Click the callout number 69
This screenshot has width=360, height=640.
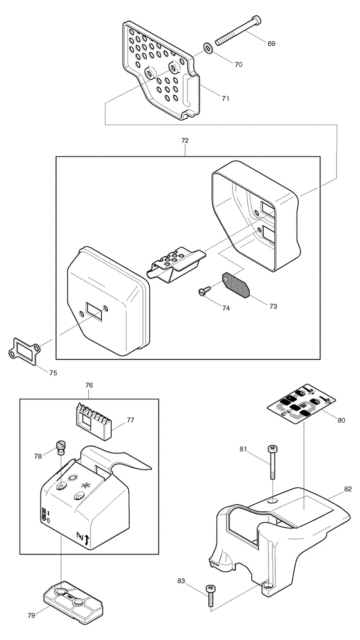tap(271, 44)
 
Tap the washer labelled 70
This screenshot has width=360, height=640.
tap(207, 47)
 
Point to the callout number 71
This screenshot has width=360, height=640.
tap(225, 98)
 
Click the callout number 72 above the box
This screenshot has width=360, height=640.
tap(185, 141)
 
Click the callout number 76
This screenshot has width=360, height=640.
tap(89, 385)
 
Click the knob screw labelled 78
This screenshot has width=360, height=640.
tap(61, 447)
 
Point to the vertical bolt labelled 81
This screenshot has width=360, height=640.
tap(272, 462)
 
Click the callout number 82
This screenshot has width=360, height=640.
tap(348, 489)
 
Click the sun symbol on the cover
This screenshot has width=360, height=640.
tap(72, 478)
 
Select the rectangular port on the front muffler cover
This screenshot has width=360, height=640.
tap(94, 311)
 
